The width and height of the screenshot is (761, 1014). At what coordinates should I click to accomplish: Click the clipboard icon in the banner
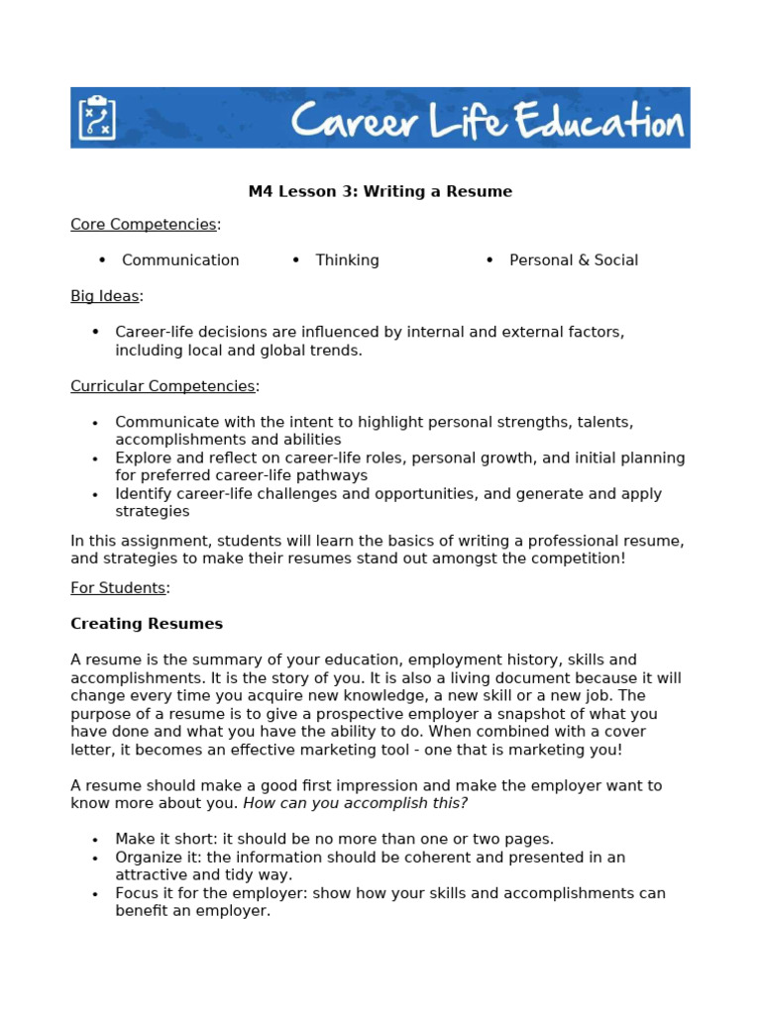[96, 118]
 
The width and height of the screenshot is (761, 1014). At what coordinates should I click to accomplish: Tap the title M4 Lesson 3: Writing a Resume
[380, 191]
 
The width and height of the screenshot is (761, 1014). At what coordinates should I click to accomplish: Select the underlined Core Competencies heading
[143, 224]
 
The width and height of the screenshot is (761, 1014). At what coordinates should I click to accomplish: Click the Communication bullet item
[180, 260]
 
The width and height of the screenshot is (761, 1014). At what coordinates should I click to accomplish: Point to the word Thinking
[347, 260]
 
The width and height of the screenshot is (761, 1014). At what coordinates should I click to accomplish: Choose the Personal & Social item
[573, 260]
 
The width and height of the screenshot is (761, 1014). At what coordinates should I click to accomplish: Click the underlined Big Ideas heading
[104, 295]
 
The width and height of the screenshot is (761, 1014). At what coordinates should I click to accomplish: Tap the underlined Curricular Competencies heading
[163, 386]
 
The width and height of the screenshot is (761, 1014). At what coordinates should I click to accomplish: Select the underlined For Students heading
[117, 587]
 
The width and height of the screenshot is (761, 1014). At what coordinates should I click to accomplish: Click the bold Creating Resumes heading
[147, 624]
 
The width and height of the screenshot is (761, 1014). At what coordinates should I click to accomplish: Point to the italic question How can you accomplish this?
[355, 803]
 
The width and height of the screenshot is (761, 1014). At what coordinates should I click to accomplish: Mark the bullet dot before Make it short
[95, 840]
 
